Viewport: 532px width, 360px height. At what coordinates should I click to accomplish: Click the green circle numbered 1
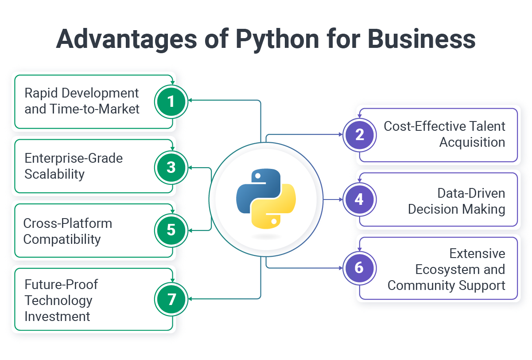[171, 102]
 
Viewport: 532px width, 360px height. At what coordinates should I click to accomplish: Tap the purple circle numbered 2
[359, 134]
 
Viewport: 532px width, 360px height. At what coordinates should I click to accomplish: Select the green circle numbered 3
[171, 167]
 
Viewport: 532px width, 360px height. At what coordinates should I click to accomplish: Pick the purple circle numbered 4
[359, 200]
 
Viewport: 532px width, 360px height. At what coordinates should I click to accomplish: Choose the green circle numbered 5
[171, 230]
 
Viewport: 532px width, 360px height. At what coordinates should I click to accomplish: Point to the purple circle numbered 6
[359, 268]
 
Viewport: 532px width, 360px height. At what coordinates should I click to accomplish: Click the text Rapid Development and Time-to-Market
[82, 101]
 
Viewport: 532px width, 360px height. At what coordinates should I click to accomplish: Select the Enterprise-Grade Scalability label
[74, 166]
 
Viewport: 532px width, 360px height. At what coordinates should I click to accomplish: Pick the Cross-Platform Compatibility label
[67, 231]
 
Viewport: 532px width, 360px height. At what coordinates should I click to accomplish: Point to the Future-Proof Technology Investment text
[61, 300]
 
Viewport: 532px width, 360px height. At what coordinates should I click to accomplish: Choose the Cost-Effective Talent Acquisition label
[444, 134]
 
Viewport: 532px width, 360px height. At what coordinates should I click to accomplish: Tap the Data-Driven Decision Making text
[457, 201]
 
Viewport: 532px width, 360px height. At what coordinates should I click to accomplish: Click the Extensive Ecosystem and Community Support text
[447, 269]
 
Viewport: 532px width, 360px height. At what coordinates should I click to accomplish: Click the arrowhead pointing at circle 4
[341, 200]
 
